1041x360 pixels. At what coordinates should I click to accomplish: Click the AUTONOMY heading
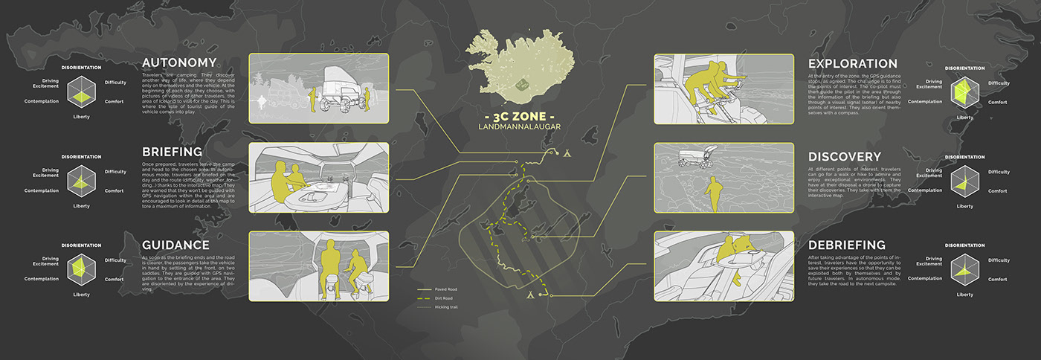point(179,63)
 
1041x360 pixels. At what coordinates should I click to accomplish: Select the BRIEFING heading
point(173,151)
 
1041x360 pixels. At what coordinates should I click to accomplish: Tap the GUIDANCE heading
point(175,245)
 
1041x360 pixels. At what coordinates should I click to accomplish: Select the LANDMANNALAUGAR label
point(520,127)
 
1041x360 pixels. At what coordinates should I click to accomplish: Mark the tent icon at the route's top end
point(567,154)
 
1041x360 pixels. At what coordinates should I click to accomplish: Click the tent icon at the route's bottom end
point(529,295)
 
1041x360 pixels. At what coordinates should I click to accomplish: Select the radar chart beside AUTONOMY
point(82,92)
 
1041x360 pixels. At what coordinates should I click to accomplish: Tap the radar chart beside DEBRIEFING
point(964,269)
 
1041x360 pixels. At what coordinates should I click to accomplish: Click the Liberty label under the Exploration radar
point(964,118)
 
